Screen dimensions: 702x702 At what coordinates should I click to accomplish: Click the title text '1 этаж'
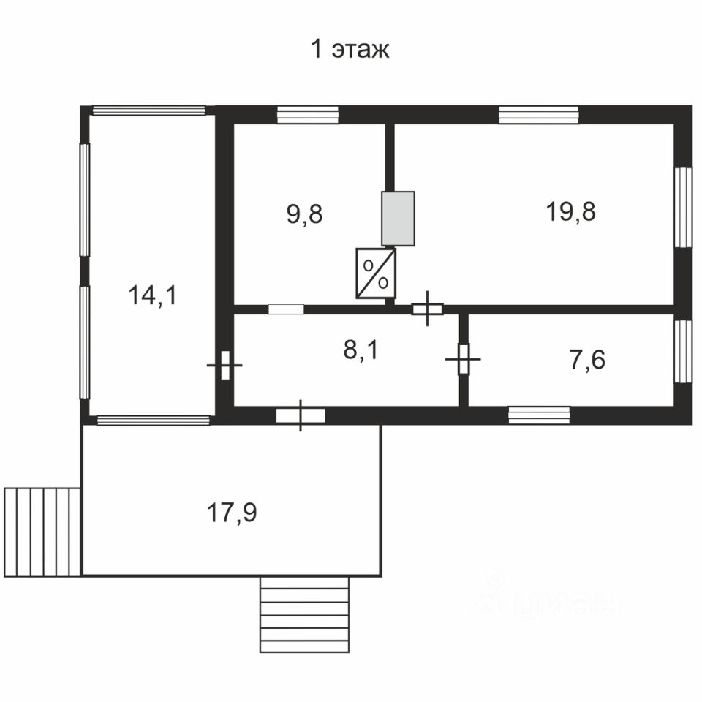coord(350,49)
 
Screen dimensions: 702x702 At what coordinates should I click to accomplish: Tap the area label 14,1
coord(153,295)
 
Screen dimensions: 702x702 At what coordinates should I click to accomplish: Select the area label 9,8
coord(304,214)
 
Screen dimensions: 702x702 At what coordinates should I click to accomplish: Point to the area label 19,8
coord(570,211)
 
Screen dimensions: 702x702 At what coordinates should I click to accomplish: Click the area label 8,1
coord(361,350)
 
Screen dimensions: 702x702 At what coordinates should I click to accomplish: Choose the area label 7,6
coord(587,360)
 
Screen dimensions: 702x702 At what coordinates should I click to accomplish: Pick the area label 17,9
coord(232,513)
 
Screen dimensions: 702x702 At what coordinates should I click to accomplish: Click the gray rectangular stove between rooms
coord(398,219)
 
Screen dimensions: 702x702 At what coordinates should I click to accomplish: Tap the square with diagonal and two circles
coord(376,273)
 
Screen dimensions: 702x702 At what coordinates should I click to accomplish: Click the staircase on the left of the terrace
coord(42,532)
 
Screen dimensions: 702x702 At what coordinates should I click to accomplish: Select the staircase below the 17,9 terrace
coord(304,614)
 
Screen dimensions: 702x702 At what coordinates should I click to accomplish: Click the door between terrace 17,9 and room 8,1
coord(301,415)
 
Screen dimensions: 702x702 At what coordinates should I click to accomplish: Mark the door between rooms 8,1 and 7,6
coord(464,359)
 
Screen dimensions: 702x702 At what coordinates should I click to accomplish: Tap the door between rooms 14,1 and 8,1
coord(224,366)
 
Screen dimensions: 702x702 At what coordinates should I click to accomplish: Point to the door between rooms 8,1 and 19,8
coord(428,309)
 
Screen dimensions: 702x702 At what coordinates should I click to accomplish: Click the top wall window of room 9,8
coord(308,115)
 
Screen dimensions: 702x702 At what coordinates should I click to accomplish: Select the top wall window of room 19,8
coord(539,115)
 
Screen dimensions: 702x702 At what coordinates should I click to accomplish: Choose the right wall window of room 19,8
coord(683,207)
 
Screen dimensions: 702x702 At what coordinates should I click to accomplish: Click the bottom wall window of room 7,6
coord(539,415)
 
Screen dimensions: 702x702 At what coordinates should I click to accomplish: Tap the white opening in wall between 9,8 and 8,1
coord(286,309)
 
